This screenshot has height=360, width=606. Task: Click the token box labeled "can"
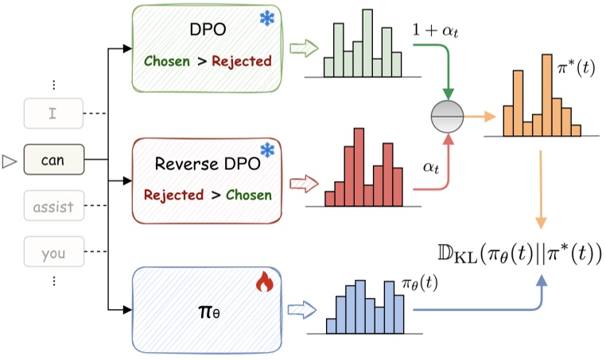click(54, 160)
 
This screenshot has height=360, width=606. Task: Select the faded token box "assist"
click(54, 206)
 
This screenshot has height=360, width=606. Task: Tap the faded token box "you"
click(54, 251)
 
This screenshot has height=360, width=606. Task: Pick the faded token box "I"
click(53, 113)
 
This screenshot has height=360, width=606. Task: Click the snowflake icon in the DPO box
click(267, 18)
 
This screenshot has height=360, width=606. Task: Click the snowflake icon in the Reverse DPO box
click(267, 150)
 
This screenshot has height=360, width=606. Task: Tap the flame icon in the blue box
click(265, 281)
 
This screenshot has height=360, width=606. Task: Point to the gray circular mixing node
click(447, 116)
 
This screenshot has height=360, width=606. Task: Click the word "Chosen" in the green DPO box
click(167, 61)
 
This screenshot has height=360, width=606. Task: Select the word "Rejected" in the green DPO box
click(242, 61)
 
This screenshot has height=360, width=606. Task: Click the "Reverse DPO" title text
click(208, 164)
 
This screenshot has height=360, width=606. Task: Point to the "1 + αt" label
click(435, 29)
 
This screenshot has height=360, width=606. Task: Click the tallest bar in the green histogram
click(367, 43)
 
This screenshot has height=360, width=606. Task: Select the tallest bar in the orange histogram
click(547, 95)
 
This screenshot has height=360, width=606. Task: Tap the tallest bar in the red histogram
click(359, 167)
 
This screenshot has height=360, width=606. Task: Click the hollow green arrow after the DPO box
click(304, 48)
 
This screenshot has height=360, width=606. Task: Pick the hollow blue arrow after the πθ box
click(302, 310)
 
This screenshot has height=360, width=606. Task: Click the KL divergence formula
click(520, 254)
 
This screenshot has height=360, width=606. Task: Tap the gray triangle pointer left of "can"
click(10, 161)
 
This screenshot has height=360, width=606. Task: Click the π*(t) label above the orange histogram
click(576, 68)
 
